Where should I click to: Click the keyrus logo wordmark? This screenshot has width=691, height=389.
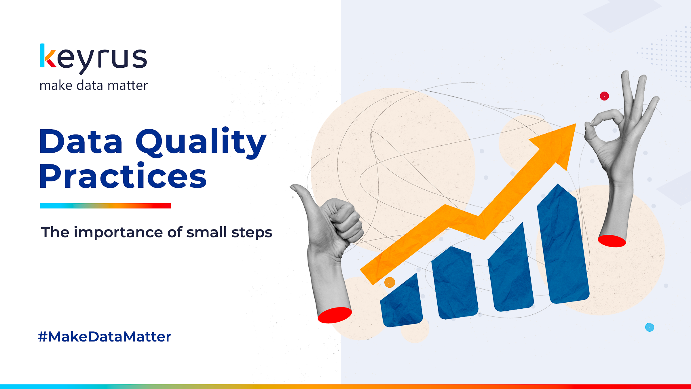point(94,59)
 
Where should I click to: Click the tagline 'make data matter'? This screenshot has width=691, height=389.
point(94,86)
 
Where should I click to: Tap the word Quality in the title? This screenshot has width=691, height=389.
point(201,143)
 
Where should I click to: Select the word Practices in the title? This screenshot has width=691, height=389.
point(123,175)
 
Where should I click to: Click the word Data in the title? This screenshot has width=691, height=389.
point(81,141)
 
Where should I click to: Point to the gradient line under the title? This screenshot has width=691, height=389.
point(105,206)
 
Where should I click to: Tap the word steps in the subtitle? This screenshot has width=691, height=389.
point(252,233)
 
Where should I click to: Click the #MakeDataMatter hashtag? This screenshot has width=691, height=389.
point(105,337)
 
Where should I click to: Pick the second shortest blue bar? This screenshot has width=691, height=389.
point(455,284)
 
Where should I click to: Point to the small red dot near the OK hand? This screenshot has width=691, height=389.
point(604,96)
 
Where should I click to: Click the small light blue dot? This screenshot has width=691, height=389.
point(650,327)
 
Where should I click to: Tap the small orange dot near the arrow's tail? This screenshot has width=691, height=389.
point(390,282)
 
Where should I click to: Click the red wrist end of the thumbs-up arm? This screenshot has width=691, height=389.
point(335,315)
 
